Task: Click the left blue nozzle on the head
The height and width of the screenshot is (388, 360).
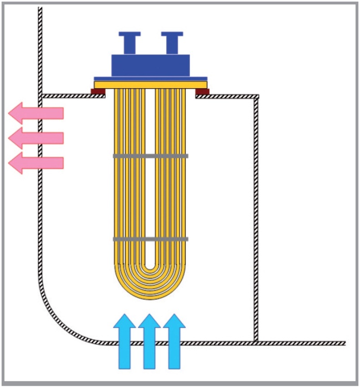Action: [x=129, y=43]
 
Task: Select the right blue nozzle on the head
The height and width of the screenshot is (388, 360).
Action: [x=172, y=43]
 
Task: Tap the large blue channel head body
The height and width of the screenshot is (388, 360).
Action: [x=150, y=65]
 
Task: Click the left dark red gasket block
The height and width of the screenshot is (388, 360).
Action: [x=98, y=92]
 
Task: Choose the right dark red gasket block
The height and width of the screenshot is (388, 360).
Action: [x=202, y=92]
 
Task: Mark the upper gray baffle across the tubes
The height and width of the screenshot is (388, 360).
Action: [x=150, y=156]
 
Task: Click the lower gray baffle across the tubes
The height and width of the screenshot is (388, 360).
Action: [x=150, y=239]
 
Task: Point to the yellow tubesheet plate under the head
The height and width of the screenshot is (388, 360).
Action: [x=150, y=85]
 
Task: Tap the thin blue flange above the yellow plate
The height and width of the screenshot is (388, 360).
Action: [x=150, y=79]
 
